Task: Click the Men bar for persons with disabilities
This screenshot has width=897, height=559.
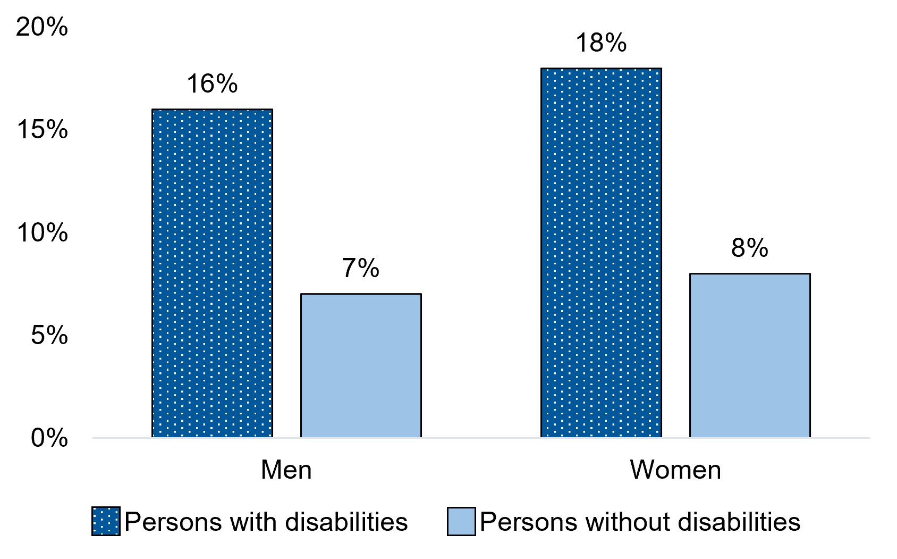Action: pyautogui.click(x=212, y=273)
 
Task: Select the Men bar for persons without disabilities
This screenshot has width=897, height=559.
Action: pyautogui.click(x=361, y=365)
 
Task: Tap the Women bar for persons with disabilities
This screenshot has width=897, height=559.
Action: pyautogui.click(x=601, y=253)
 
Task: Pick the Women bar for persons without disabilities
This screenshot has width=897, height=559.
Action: pyautogui.click(x=750, y=355)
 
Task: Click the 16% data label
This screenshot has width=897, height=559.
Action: pyautogui.click(x=212, y=84)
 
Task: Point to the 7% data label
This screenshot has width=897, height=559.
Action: pyautogui.click(x=361, y=268)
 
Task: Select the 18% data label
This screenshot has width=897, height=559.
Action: pyautogui.click(x=601, y=43)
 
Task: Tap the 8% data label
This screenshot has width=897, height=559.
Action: pyautogui.click(x=750, y=248)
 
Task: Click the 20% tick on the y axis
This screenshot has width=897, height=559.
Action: pyautogui.click(x=43, y=27)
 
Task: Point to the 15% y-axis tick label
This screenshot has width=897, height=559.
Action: pyautogui.click(x=43, y=130)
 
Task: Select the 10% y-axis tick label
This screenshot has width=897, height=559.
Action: pyautogui.click(x=43, y=233)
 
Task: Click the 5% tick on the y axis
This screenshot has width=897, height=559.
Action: pyautogui.click(x=49, y=336)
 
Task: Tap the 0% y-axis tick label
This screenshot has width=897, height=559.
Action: pyautogui.click(x=49, y=438)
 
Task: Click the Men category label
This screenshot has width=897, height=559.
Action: pyautogui.click(x=286, y=470)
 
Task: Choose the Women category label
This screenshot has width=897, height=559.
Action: pyautogui.click(x=675, y=470)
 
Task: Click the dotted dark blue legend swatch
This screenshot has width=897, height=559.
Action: pyautogui.click(x=106, y=521)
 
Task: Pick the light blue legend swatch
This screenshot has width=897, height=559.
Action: pyautogui.click(x=461, y=521)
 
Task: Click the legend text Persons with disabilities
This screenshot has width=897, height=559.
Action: pyautogui.click(x=266, y=522)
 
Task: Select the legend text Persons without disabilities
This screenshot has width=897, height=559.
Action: pyautogui.click(x=640, y=522)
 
